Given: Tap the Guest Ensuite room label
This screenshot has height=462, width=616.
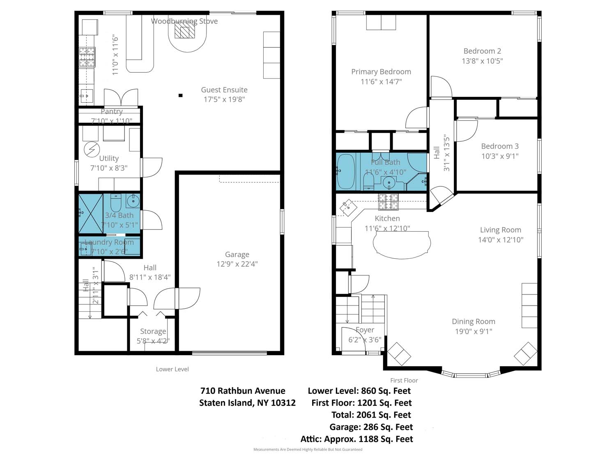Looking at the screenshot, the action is (224, 90).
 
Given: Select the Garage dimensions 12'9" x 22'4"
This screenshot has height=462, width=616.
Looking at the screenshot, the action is (237, 264).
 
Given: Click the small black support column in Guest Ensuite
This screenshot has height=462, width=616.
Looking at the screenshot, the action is (180, 95).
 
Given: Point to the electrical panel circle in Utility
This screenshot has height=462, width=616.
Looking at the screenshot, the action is (92, 149).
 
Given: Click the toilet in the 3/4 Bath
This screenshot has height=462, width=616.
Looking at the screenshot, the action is (116, 202).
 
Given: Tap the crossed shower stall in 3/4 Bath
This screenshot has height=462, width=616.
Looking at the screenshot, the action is (91, 214).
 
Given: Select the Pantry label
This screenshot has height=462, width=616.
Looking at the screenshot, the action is (112, 111).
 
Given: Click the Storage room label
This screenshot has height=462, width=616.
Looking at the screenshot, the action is (153, 331).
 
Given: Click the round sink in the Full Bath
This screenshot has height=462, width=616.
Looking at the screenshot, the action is (389, 183).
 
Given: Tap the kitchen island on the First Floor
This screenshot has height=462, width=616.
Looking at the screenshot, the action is (402, 245).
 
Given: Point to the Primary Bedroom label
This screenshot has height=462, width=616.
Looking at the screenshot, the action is (381, 71).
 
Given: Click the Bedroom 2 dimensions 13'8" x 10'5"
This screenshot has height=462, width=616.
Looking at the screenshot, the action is (483, 61).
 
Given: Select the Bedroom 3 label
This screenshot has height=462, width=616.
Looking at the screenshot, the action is (500, 146).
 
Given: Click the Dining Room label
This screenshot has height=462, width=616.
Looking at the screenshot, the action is (473, 322).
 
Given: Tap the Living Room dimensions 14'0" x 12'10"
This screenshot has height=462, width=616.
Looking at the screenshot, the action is (501, 240).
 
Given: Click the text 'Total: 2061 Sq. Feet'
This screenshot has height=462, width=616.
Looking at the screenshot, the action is (371, 415).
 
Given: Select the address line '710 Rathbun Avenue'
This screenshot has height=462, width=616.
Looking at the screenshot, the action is (243, 391).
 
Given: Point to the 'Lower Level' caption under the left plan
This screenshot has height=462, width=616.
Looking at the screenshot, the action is (172, 369).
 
